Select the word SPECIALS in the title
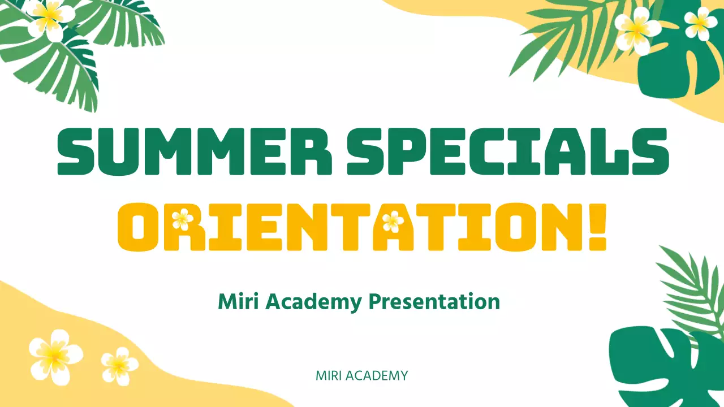(x=508, y=152)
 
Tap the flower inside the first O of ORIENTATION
(x=182, y=219)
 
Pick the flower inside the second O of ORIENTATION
(x=393, y=222)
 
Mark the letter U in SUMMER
(x=119, y=152)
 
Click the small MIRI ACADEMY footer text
(x=361, y=376)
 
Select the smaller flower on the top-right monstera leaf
(x=700, y=23)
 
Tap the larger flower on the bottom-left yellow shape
(x=55, y=355)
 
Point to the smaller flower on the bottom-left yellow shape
(x=119, y=366)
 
